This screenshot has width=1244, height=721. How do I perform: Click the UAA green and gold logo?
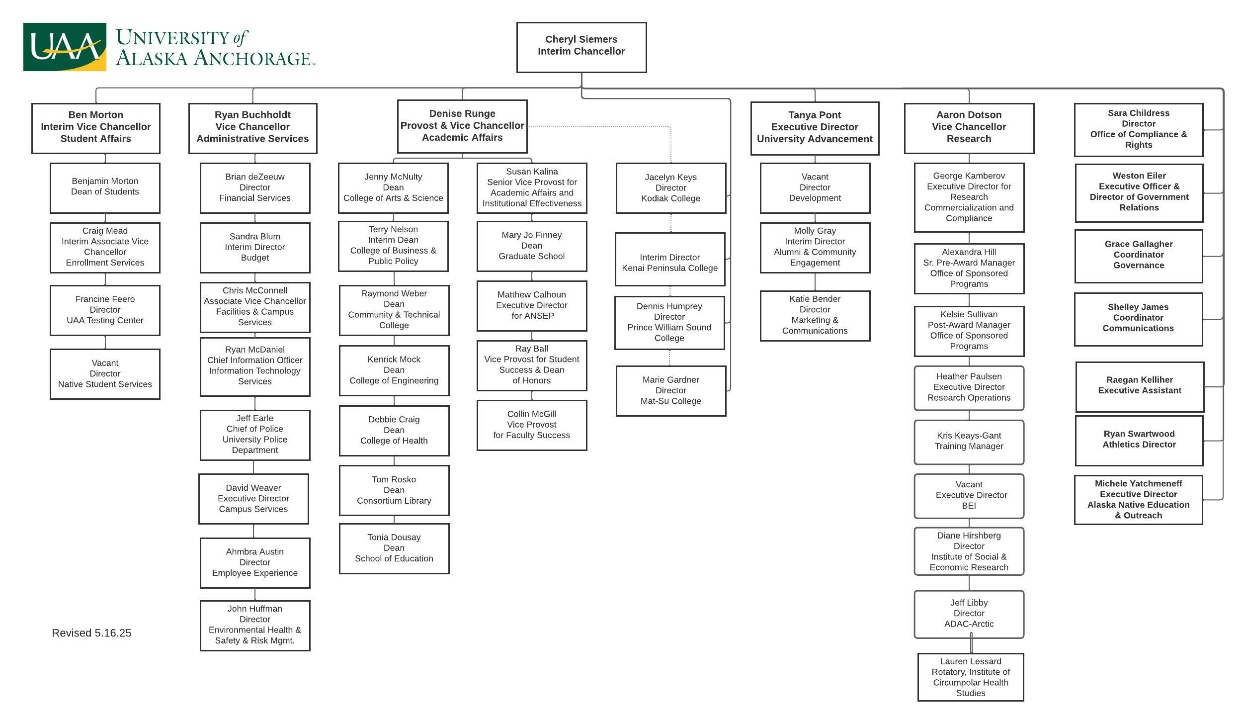point(65,47)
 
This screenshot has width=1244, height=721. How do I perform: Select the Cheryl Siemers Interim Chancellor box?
point(581,47)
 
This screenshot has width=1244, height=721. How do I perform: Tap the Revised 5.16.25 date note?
point(91,633)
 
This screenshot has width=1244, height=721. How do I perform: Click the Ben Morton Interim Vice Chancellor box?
point(96,128)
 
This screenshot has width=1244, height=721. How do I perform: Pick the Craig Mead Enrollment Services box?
point(105,247)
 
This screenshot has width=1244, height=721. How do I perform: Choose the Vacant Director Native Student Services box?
point(105,373)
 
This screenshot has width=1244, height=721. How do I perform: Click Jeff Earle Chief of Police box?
point(255,435)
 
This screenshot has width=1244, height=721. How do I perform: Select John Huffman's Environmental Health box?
point(255,625)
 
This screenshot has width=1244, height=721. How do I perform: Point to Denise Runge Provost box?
point(462,126)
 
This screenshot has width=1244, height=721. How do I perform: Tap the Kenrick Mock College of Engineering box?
point(394,370)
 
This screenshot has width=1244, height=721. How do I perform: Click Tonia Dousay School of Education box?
point(394,548)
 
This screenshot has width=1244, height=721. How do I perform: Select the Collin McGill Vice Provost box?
point(531,425)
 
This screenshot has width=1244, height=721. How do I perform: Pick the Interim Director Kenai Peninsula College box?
point(669,259)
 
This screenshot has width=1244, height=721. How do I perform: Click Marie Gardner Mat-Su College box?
point(670,390)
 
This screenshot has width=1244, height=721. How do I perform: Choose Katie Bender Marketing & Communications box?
point(815,315)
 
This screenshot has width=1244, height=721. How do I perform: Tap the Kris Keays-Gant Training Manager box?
point(969,442)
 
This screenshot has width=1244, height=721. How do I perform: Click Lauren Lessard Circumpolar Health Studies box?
point(970,677)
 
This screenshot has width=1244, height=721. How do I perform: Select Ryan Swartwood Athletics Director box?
point(1139,440)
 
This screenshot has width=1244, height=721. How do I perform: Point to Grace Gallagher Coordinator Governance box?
point(1138,256)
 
